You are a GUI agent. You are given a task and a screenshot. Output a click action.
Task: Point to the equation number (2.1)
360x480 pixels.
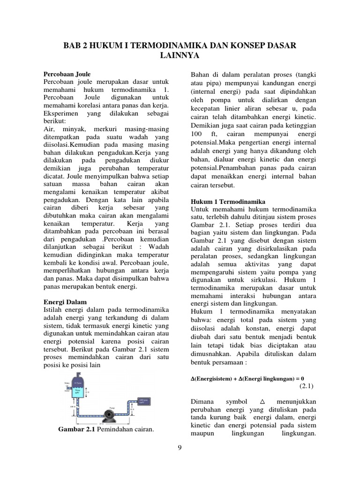point(308,386)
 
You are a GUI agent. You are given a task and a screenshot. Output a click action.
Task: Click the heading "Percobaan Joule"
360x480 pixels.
point(67,74)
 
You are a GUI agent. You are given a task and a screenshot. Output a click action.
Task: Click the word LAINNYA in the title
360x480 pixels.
point(180,56)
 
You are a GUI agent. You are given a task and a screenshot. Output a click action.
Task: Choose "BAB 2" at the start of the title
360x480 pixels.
point(74,45)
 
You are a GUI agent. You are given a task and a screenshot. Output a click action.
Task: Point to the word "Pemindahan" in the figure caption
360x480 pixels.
point(115,429)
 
